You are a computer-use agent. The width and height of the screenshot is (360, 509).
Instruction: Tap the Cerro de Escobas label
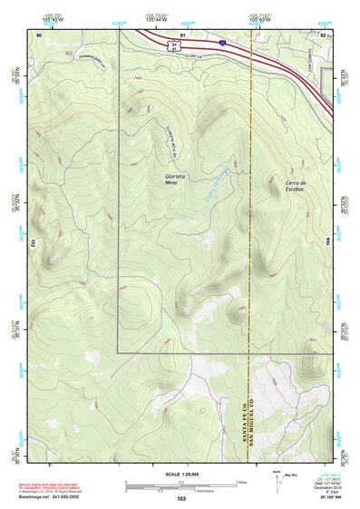[x=297, y=187]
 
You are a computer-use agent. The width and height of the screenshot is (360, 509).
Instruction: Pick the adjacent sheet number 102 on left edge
[x=32, y=243]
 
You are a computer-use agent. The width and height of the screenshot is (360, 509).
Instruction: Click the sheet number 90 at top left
[x=39, y=34]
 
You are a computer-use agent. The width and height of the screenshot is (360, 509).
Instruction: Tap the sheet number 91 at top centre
[x=182, y=34]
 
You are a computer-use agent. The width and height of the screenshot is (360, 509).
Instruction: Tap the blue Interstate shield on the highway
[x=221, y=41]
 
